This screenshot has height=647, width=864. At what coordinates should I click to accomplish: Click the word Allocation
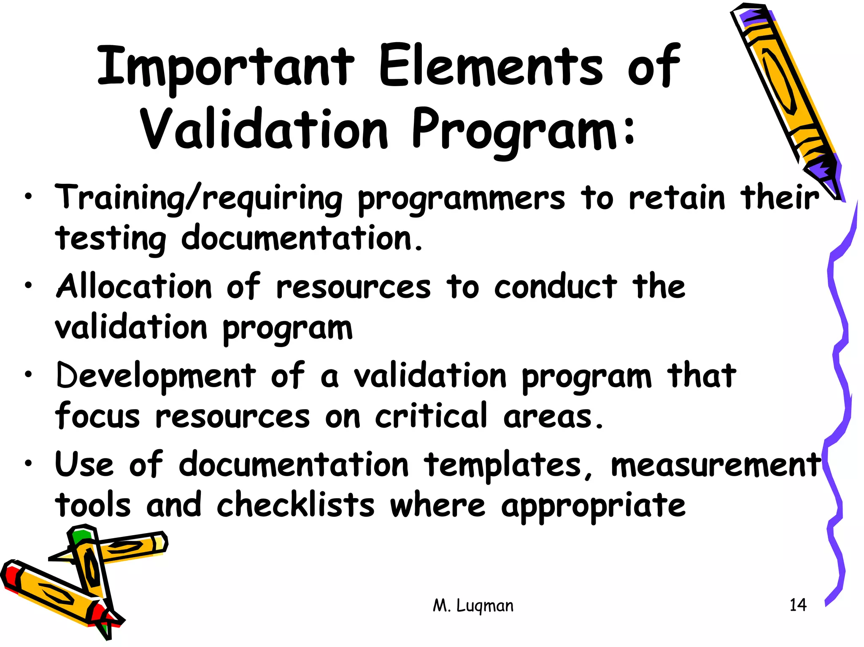[x=134, y=287]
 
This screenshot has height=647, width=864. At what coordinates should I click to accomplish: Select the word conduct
[x=555, y=287]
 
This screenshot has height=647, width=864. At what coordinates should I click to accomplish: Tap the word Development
[x=156, y=376]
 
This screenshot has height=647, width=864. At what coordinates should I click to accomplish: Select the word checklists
[x=295, y=505]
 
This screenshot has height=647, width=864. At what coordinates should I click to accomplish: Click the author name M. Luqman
[x=473, y=606]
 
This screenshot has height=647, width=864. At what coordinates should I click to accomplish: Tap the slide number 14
[x=798, y=605]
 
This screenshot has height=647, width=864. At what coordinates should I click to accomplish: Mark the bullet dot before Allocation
[x=28, y=286]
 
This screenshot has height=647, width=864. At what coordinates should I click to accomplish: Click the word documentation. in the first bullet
[x=302, y=239]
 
